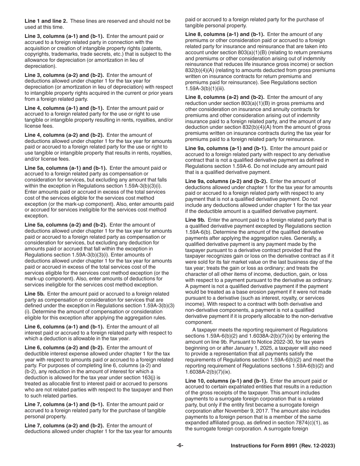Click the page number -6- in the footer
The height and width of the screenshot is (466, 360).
[180, 446]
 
